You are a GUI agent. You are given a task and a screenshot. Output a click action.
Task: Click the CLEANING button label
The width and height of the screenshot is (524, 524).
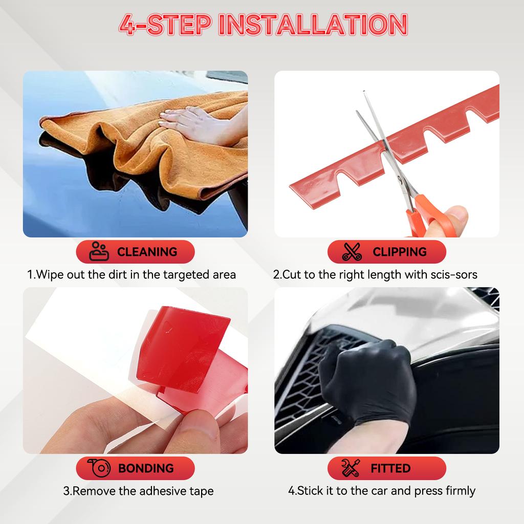[147, 252]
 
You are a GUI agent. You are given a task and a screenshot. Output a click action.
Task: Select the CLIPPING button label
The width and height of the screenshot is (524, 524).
[399, 252]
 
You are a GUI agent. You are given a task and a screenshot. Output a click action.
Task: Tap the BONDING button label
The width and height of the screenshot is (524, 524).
[146, 468]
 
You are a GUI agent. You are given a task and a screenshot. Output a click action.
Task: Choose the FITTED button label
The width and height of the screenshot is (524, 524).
[390, 468]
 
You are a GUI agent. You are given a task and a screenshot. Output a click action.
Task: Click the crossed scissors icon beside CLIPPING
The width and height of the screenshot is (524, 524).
[352, 252]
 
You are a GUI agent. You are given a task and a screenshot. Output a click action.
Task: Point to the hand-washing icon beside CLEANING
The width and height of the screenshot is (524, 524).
[99, 251]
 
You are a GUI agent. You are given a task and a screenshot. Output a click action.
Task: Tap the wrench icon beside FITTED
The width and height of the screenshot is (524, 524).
[351, 468]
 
